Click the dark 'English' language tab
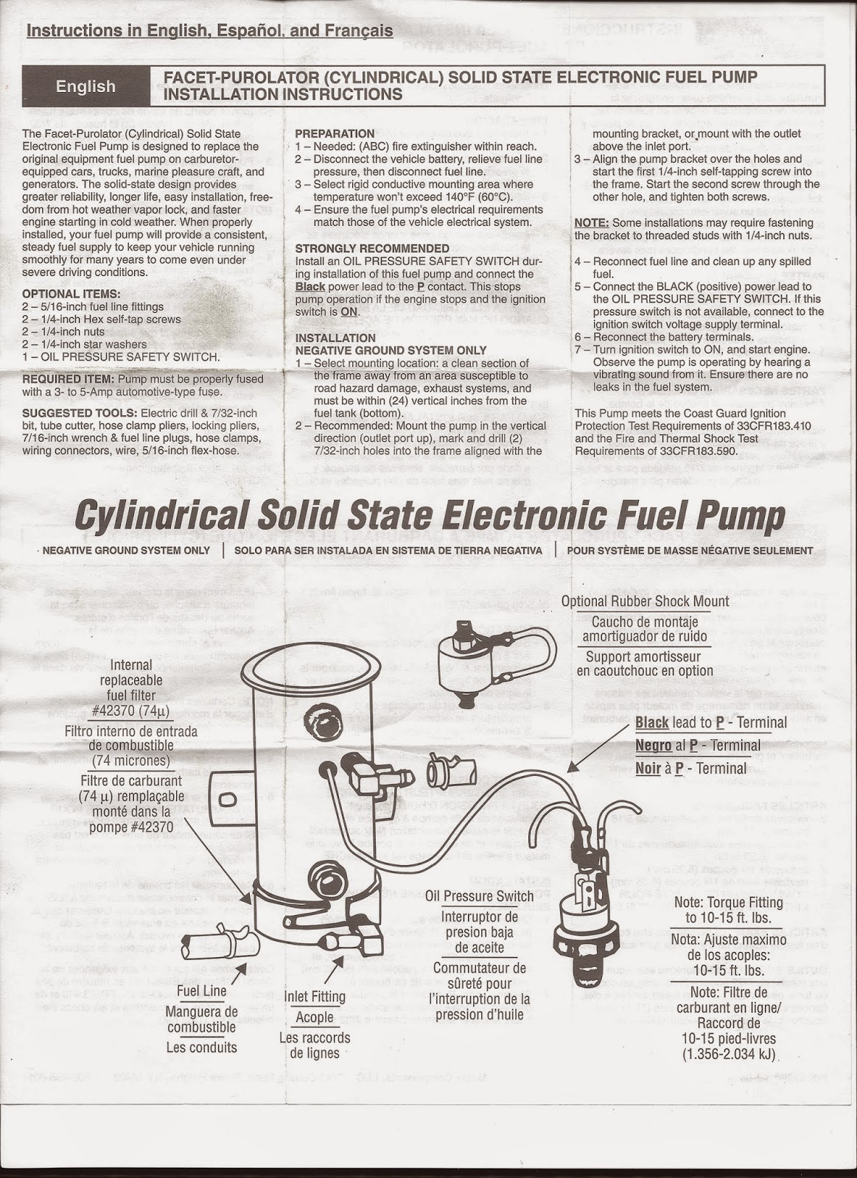tap(85, 86)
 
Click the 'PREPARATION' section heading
tap(335, 134)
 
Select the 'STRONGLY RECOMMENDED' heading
tap(372, 249)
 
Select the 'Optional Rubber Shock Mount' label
tap(645, 601)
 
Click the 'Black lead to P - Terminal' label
tap(711, 722)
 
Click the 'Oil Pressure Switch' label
tap(479, 896)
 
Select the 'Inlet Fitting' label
tap(315, 997)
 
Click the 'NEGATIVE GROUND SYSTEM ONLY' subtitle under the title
tap(126, 550)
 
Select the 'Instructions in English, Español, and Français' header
tap(209, 31)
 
